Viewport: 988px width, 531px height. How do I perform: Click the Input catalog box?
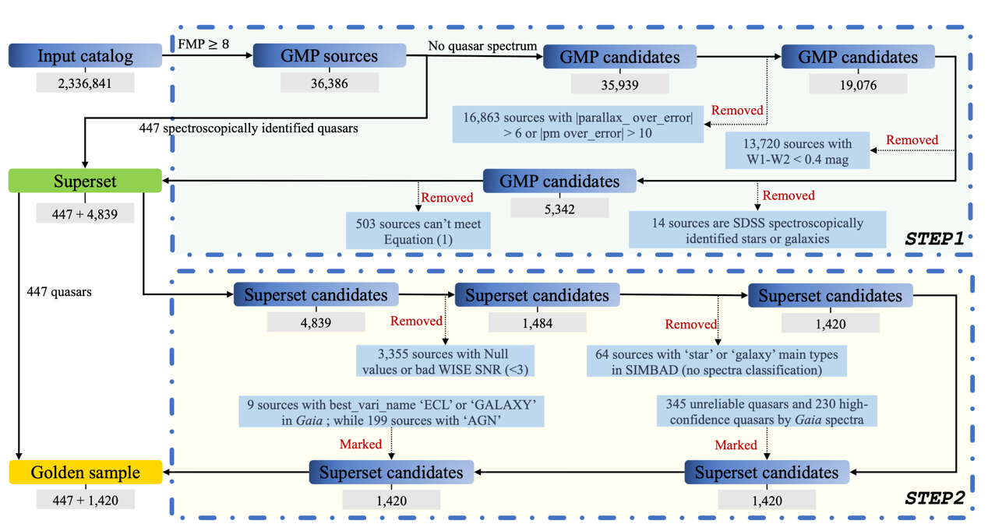point(85,56)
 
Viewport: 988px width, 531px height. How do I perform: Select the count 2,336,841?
point(85,83)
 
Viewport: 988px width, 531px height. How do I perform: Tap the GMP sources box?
point(330,56)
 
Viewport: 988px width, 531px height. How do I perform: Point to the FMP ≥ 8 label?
point(203,44)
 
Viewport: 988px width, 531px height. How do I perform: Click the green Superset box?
point(85,181)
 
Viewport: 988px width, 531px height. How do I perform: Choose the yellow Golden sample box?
point(85,473)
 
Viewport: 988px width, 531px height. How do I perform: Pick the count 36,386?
point(330,83)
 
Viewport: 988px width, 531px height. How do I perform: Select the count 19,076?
point(858,84)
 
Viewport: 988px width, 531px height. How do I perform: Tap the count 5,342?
point(559,208)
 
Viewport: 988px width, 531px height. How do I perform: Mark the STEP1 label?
point(934,239)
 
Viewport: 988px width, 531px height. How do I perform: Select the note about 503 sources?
point(418,231)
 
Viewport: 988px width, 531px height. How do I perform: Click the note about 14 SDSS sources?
point(757,230)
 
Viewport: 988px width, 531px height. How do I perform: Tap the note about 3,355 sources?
point(445,361)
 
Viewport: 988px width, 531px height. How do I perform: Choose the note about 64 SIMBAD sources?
point(717,362)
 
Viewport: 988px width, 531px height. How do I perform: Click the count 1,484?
point(537,322)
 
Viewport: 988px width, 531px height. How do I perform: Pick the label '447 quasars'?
point(59,292)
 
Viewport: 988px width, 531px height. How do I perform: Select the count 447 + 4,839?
point(85,213)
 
